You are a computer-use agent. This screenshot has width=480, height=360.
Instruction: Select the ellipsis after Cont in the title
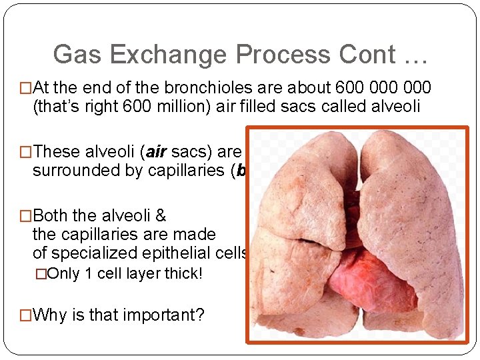tap(413, 55)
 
